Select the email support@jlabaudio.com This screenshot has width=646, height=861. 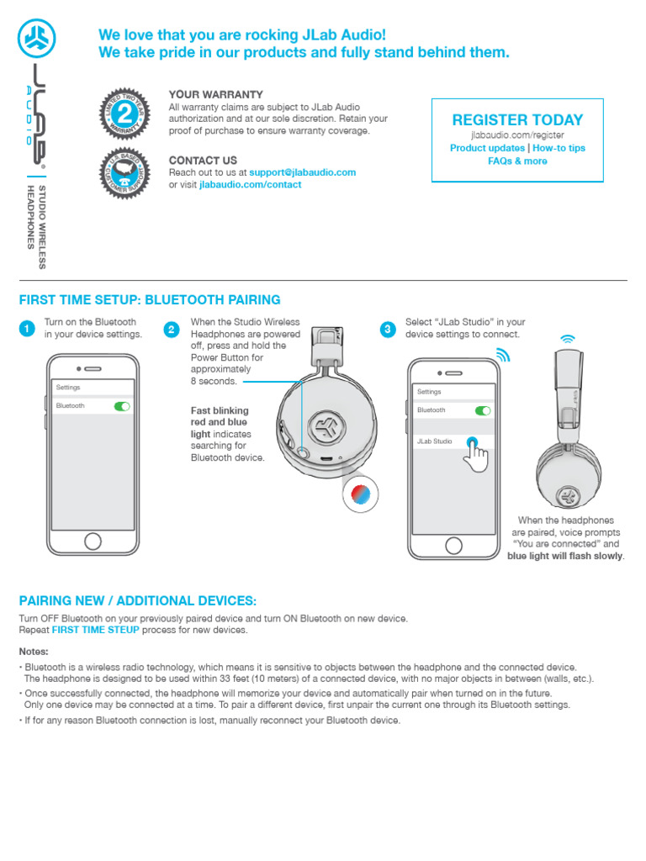click(302, 172)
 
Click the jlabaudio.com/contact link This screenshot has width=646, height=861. click(250, 185)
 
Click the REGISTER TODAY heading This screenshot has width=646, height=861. click(517, 120)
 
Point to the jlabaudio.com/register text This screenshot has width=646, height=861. click(517, 135)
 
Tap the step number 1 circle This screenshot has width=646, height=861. click(27, 330)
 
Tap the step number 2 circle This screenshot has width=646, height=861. click(172, 330)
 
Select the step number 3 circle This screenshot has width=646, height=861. click(387, 330)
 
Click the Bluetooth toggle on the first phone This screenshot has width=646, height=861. click(123, 406)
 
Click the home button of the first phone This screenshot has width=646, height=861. click(93, 541)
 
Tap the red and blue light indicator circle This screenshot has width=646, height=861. click(360, 494)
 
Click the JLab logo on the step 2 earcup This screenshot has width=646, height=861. click(324, 427)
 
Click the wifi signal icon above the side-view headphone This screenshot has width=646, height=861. click(569, 339)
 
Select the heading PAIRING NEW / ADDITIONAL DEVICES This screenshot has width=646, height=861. click(137, 601)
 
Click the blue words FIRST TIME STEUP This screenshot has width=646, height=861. click(95, 630)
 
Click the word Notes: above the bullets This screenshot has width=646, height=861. click(34, 652)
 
